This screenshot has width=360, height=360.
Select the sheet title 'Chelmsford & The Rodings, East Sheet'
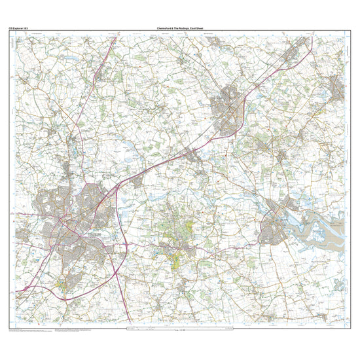point(180,28)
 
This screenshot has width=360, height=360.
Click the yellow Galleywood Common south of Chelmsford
point(62,283)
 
